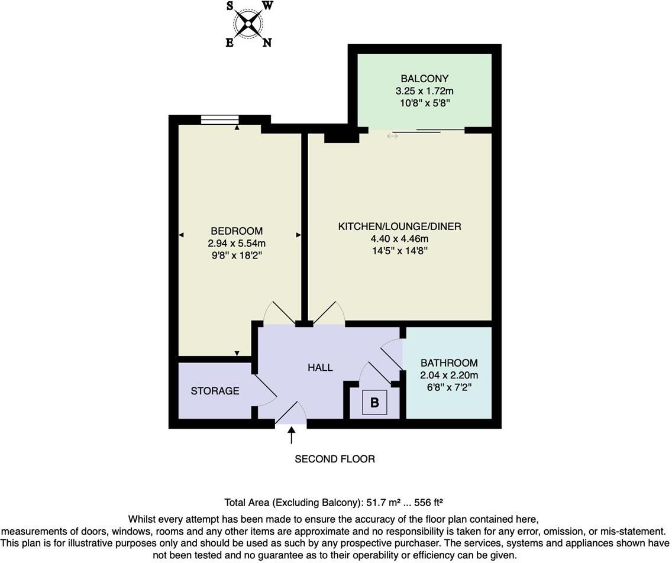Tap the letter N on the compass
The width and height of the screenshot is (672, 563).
(267, 43)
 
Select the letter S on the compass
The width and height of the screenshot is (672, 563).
(230, 6)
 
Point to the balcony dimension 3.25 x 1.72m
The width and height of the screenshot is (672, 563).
(424, 91)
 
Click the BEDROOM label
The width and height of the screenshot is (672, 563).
(237, 231)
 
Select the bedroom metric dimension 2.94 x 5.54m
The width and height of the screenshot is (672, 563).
(237, 244)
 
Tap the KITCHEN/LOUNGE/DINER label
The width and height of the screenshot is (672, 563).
(399, 227)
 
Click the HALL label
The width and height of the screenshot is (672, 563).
(320, 368)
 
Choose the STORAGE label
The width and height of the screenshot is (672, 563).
(215, 391)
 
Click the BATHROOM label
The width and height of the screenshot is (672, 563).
(449, 363)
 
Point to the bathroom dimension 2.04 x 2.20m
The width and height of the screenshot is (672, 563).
(449, 376)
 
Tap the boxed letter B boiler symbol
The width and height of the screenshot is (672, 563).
(374, 402)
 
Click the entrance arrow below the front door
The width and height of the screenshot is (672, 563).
(292, 435)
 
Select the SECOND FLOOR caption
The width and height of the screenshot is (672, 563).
(335, 460)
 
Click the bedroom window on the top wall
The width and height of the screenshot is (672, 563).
(220, 119)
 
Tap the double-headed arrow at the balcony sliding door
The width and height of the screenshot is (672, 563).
(392, 136)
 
